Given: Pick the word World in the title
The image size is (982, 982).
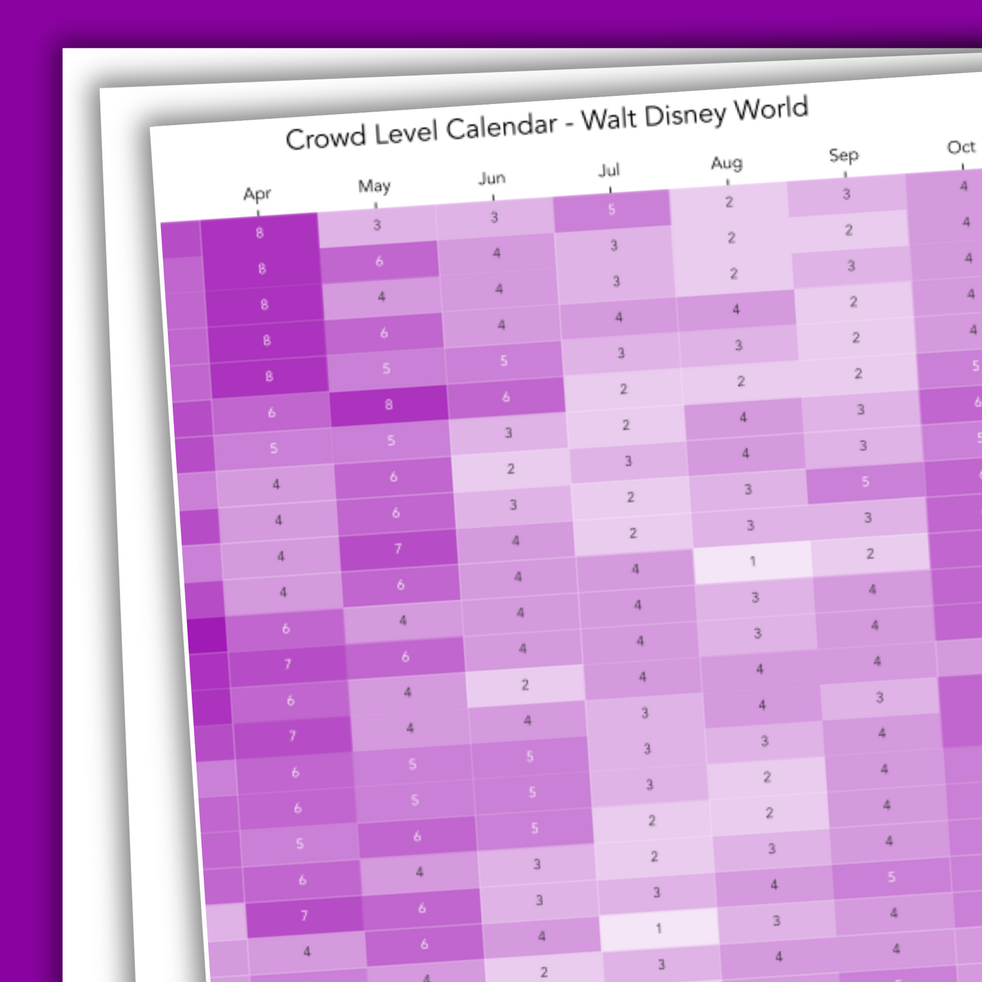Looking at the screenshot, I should click(771, 109).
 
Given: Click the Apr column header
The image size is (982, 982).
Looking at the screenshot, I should click(257, 194).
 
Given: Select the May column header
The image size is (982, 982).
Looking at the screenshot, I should click(374, 186).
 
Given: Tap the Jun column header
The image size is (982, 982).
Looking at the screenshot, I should click(492, 178).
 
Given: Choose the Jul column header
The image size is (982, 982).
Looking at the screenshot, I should click(609, 170).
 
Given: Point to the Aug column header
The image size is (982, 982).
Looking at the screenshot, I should click(726, 163).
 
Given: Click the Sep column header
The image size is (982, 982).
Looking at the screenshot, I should click(843, 156).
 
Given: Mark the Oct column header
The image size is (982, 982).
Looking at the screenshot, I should click(961, 147).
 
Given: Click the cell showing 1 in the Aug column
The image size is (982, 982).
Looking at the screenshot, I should click(752, 562).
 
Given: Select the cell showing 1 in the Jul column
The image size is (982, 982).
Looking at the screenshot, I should click(658, 929).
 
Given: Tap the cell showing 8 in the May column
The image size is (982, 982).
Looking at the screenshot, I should click(389, 405).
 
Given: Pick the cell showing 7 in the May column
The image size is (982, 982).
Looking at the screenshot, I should click(398, 548).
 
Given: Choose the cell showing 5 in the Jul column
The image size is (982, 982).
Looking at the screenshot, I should click(612, 210).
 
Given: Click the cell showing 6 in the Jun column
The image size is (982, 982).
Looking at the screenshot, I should click(506, 397).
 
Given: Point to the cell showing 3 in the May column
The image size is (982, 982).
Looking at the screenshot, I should click(377, 226).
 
